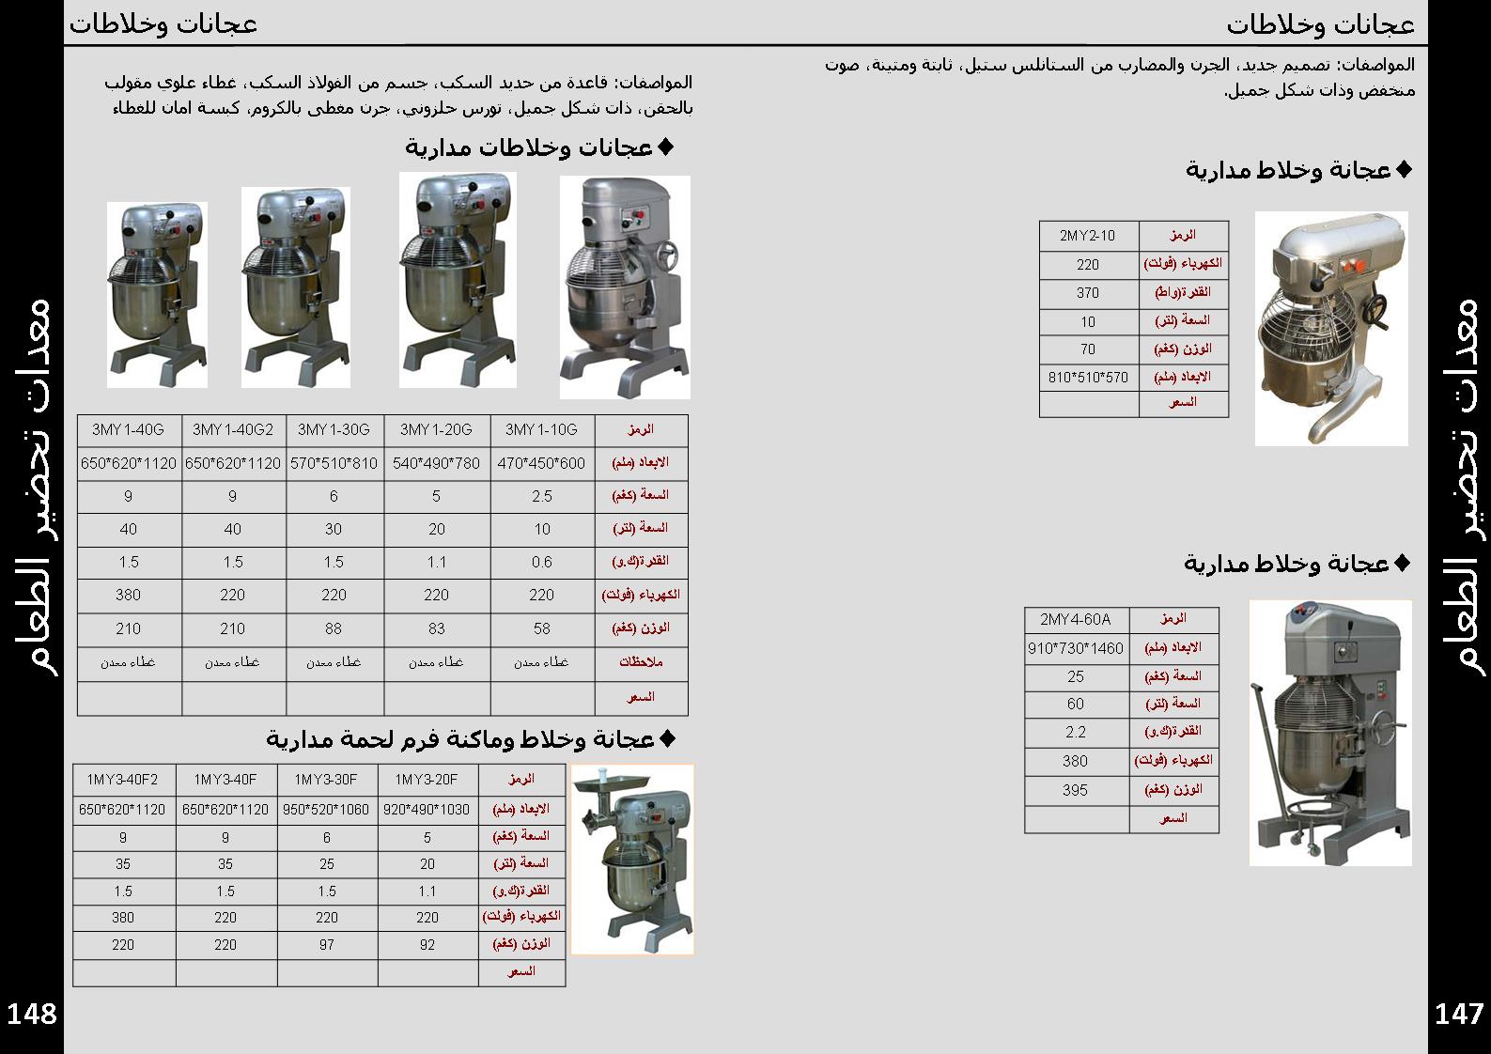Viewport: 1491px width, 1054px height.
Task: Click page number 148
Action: tap(32, 1015)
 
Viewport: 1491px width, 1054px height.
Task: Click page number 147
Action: tap(1459, 1015)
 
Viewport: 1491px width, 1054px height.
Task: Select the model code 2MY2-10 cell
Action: tap(1088, 236)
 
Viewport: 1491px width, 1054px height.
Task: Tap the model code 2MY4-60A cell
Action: tap(1076, 620)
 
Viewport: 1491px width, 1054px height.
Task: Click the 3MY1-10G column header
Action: tap(541, 430)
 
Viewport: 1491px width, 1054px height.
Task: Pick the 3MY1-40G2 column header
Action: tap(233, 430)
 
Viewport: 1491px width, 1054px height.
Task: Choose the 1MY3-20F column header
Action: tap(427, 780)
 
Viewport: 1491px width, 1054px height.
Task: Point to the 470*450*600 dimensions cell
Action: tap(541, 463)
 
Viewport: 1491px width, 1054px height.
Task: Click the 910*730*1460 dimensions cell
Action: tap(1076, 648)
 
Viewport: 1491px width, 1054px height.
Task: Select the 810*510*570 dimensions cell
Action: tap(1088, 378)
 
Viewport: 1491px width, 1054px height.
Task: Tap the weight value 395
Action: tap(1076, 790)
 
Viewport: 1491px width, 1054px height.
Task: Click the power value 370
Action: tap(1088, 293)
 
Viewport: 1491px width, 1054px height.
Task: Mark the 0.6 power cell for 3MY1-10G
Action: tap(541, 562)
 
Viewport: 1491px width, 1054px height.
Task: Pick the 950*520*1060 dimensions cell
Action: tap(326, 809)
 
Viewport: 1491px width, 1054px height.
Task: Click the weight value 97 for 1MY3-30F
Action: tap(326, 945)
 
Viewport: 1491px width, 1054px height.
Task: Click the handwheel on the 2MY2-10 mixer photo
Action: tap(1378, 312)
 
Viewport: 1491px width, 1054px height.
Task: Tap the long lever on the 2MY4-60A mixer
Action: tap(1266, 742)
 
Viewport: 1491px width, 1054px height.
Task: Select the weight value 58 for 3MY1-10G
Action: tap(541, 628)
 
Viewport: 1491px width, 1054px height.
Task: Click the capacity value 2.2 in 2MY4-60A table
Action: tap(1076, 732)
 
